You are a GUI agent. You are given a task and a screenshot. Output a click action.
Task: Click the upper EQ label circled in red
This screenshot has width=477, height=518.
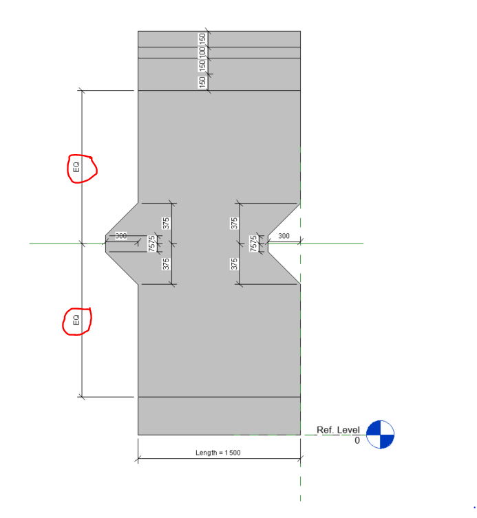click(x=77, y=167)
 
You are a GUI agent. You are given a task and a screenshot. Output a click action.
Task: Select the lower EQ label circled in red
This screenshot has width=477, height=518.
click(x=76, y=320)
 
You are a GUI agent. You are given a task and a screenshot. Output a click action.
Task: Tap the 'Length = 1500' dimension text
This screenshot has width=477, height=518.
click(x=218, y=453)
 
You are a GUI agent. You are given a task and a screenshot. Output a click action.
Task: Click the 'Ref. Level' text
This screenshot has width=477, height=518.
click(x=338, y=430)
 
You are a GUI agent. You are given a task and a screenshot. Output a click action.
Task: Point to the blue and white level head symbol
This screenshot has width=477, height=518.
click(x=380, y=434)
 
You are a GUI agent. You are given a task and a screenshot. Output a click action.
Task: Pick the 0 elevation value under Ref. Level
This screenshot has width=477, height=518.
click(x=357, y=440)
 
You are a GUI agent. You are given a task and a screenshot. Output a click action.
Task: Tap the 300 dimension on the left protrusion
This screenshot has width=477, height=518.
click(x=121, y=236)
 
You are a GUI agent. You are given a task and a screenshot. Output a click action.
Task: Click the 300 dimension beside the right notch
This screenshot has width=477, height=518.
click(x=284, y=236)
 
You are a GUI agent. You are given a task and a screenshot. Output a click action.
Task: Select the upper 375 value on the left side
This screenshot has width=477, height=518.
click(x=166, y=222)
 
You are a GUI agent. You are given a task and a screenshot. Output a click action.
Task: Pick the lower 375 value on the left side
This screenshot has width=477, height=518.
click(x=166, y=263)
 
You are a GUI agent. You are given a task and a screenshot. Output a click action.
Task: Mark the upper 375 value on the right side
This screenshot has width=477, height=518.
click(x=234, y=222)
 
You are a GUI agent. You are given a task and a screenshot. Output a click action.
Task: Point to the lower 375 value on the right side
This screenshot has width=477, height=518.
click(x=234, y=263)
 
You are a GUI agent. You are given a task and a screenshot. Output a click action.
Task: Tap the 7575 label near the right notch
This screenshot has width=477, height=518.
click(x=253, y=243)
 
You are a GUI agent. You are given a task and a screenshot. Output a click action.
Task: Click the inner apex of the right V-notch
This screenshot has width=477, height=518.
click(x=268, y=243)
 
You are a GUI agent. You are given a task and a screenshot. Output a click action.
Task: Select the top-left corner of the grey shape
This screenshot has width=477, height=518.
click(x=138, y=31)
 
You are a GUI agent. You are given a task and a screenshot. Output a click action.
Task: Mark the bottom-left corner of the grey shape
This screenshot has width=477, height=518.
click(x=138, y=435)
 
